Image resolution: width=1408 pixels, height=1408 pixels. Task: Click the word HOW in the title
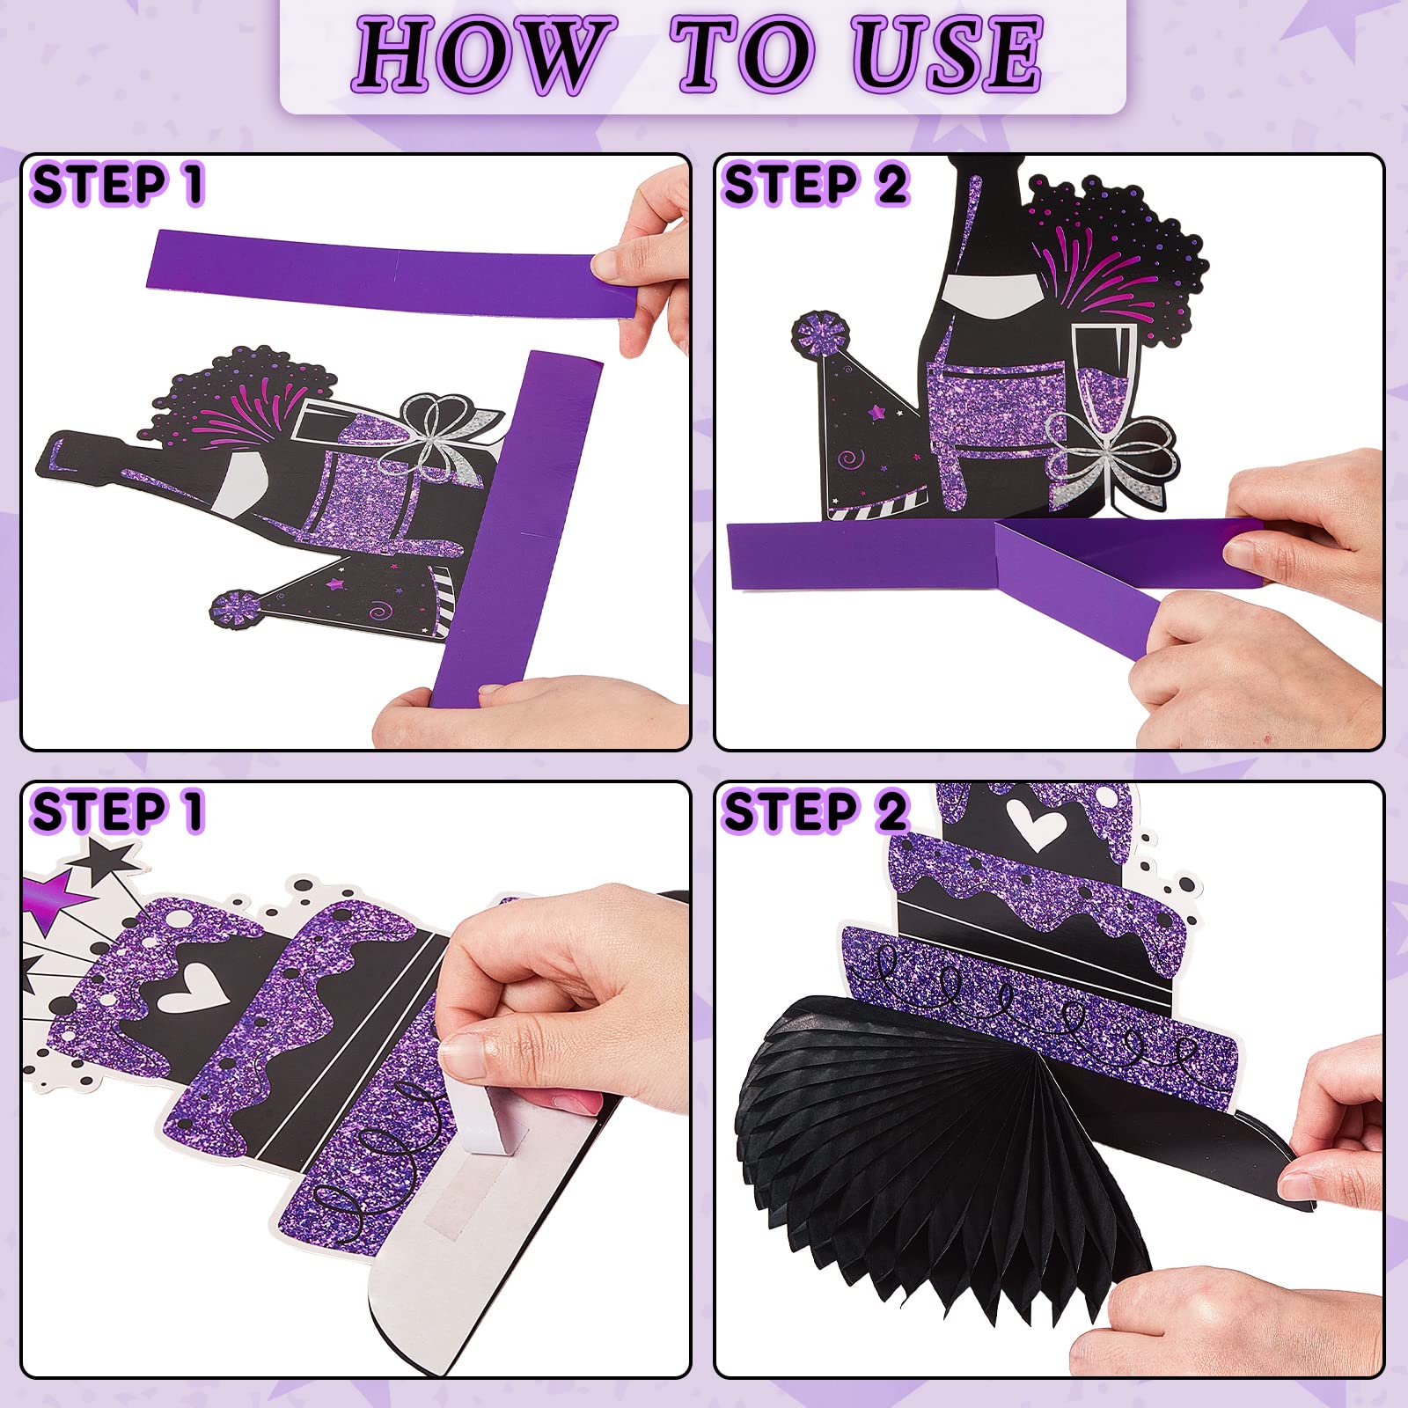point(483,55)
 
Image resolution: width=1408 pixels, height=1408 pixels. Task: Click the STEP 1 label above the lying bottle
point(117,186)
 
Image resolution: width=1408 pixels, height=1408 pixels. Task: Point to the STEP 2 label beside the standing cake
point(815,811)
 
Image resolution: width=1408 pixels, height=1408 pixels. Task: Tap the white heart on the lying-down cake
point(192,986)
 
